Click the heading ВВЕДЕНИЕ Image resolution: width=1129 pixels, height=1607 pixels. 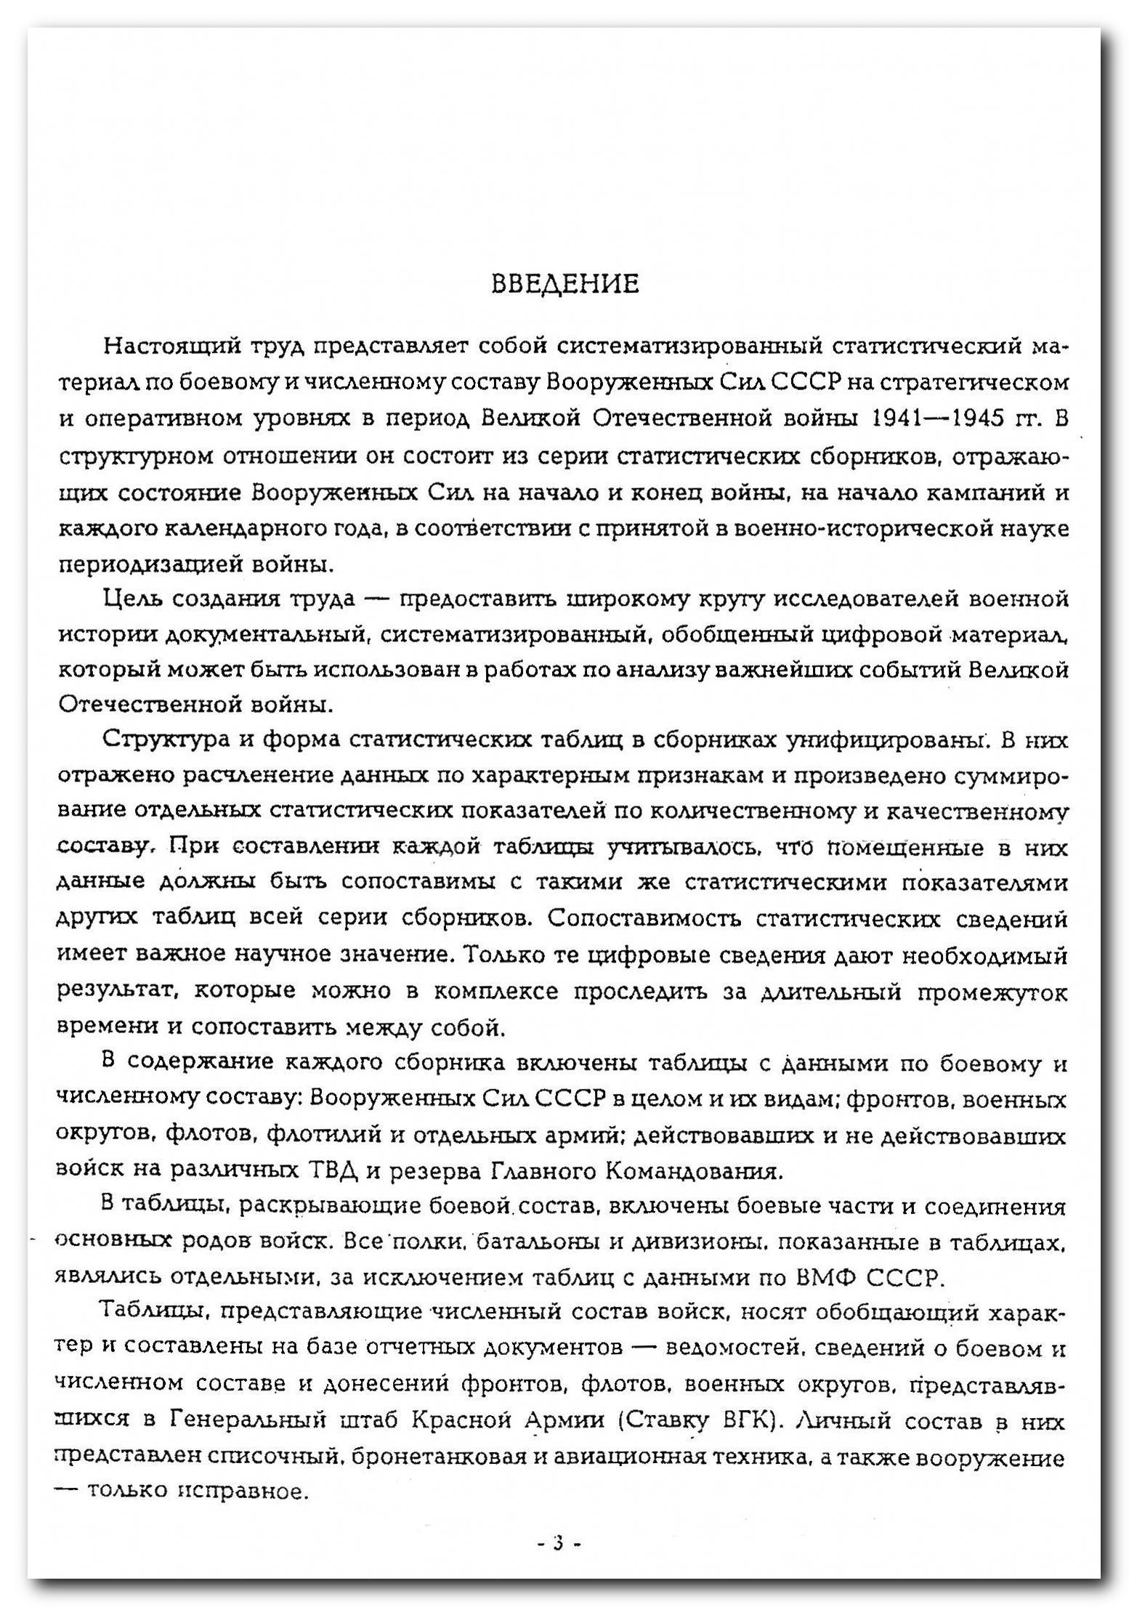(565, 284)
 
